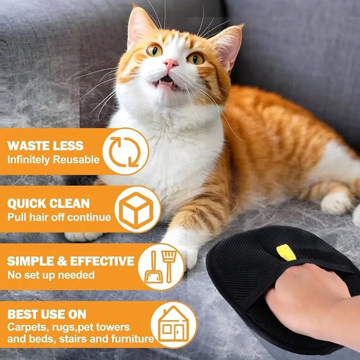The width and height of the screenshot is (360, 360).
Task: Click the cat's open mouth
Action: tap(165, 84)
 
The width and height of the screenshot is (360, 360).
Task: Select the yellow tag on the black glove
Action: tap(286, 253)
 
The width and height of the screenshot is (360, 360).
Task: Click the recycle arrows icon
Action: tap(125, 151)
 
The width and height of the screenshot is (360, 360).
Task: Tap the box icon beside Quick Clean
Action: tap(137, 209)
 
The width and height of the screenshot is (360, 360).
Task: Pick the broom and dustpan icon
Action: tap(161, 266)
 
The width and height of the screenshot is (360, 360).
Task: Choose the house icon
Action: tap(174, 324)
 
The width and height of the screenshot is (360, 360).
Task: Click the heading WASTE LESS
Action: tap(45, 145)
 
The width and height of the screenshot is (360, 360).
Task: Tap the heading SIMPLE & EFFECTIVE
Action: tap(71, 261)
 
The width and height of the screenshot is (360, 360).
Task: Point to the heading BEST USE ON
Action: tap(47, 314)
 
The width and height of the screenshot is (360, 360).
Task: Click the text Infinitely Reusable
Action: tap(53, 160)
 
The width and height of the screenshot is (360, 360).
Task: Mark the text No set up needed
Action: tap(50, 275)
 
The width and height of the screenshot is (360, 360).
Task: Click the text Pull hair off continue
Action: tap(59, 217)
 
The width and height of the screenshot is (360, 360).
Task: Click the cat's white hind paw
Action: tap(336, 201)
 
